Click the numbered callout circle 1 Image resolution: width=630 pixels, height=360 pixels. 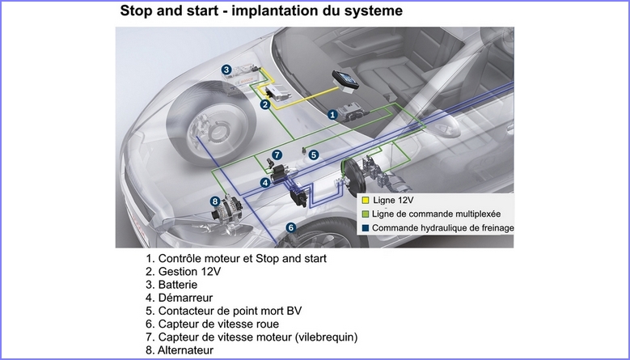point(332,116)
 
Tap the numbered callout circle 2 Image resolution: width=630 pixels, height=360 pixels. point(264,104)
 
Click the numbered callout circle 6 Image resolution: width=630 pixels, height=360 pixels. point(291,228)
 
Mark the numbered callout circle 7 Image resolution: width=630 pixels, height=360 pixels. point(277,155)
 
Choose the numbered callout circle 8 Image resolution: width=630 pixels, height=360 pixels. point(215,201)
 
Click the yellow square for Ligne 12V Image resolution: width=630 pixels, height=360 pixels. point(366,200)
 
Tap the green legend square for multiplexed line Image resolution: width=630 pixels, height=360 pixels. point(366,214)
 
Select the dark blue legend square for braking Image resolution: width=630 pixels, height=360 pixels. point(366,228)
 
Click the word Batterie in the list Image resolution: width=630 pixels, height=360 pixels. point(177,285)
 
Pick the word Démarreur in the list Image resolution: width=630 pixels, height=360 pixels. point(184,298)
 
